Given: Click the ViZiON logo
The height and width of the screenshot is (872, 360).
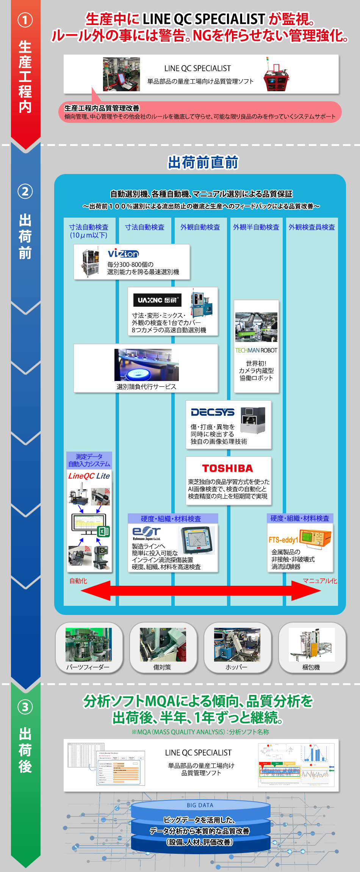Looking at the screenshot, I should click(x=123, y=254).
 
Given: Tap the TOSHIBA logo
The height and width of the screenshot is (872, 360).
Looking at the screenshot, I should click(x=227, y=469).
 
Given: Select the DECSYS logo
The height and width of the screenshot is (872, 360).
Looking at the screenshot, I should click(x=213, y=412).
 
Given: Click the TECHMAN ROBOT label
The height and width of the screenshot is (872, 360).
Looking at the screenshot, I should click(x=256, y=350).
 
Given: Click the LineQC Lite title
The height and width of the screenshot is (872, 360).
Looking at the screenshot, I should click(x=89, y=476).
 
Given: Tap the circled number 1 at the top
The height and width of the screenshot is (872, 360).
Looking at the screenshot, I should click(x=25, y=20).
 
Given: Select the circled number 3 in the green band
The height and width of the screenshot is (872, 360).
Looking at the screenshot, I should click(x=25, y=707).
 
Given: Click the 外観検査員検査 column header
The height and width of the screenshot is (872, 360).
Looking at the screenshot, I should click(x=311, y=227).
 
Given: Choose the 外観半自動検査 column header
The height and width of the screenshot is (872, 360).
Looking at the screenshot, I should click(x=256, y=227).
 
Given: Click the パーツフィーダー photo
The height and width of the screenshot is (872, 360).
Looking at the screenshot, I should click(x=89, y=645).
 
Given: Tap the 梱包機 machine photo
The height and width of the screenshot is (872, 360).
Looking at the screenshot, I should click(x=312, y=645).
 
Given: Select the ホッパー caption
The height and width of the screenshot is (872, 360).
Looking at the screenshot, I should click(x=236, y=667).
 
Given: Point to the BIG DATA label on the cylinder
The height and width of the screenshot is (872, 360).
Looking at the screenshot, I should click(x=200, y=805).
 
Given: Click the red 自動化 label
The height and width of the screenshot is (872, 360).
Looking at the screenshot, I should click(x=78, y=581).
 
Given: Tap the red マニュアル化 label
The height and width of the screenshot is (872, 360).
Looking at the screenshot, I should click(x=319, y=581).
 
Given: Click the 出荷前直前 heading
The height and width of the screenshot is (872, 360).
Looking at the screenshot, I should click(x=203, y=162).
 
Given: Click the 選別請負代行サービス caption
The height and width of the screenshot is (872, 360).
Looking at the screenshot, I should click(x=146, y=387).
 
